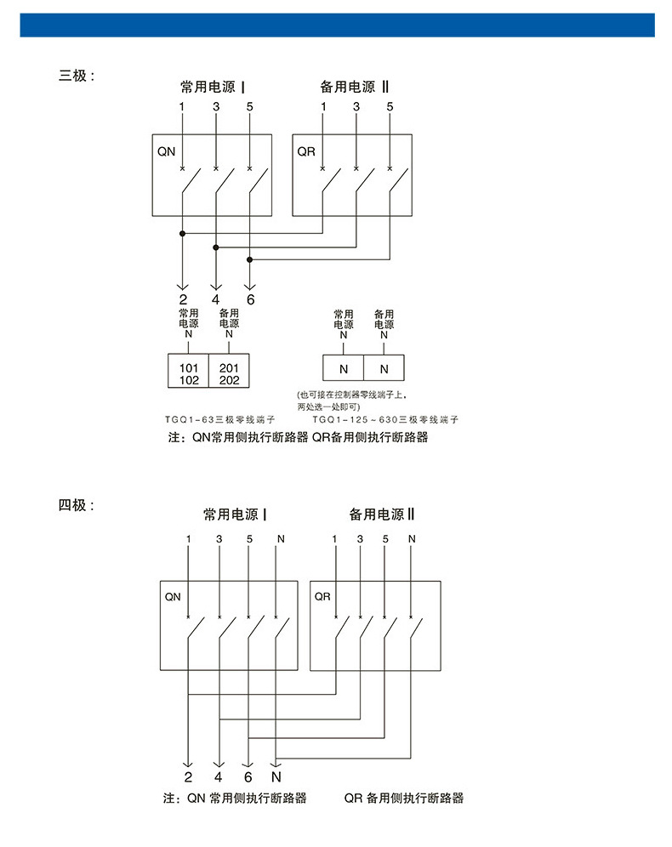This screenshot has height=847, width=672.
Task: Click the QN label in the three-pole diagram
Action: pyautogui.click(x=167, y=151)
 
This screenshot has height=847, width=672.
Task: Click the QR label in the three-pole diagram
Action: pyautogui.click(x=306, y=151)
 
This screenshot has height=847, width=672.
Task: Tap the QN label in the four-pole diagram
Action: pyautogui.click(x=173, y=597)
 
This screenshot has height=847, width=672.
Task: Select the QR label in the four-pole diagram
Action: pyautogui.click(x=322, y=596)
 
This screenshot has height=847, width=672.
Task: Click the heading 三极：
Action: pyautogui.click(x=77, y=76)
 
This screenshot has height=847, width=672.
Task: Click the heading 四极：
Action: pyautogui.click(x=77, y=505)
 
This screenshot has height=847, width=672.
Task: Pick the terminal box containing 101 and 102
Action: pyautogui.click(x=188, y=371)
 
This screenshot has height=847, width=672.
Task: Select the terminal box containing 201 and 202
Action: pyautogui.click(x=229, y=371)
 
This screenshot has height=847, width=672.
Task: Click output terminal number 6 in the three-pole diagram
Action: pyautogui.click(x=250, y=300)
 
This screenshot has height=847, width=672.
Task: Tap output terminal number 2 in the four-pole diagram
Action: pyautogui.click(x=188, y=777)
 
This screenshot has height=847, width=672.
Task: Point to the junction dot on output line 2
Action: pyautogui.click(x=183, y=233)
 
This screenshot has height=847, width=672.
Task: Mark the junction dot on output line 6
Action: pyautogui.click(x=249, y=260)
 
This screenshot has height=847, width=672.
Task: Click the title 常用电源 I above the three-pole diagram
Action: pyautogui.click(x=213, y=87)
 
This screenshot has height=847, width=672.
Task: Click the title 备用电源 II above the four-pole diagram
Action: pyautogui.click(x=381, y=514)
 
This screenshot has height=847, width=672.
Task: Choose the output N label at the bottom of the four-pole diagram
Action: pyautogui.click(x=276, y=777)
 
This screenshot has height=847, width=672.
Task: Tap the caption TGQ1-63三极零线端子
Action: pyautogui.click(x=219, y=420)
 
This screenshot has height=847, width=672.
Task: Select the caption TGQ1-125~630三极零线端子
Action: pyautogui.click(x=385, y=420)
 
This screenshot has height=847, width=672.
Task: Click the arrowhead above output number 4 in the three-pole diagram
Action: pyautogui.click(x=216, y=287)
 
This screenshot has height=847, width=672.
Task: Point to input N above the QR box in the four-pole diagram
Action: pyautogui.click(x=413, y=539)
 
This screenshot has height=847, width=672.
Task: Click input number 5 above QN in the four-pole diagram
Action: pyautogui.click(x=249, y=539)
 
